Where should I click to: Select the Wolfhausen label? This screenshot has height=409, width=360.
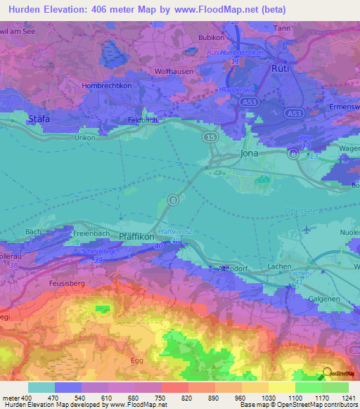coord(174,72)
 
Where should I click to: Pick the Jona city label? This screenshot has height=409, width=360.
coord(250,153)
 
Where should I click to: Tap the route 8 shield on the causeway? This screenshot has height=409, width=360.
coord(173,201)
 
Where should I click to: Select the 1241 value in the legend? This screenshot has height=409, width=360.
coord(340,398)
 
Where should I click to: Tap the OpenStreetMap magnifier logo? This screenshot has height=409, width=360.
coord(326,372)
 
